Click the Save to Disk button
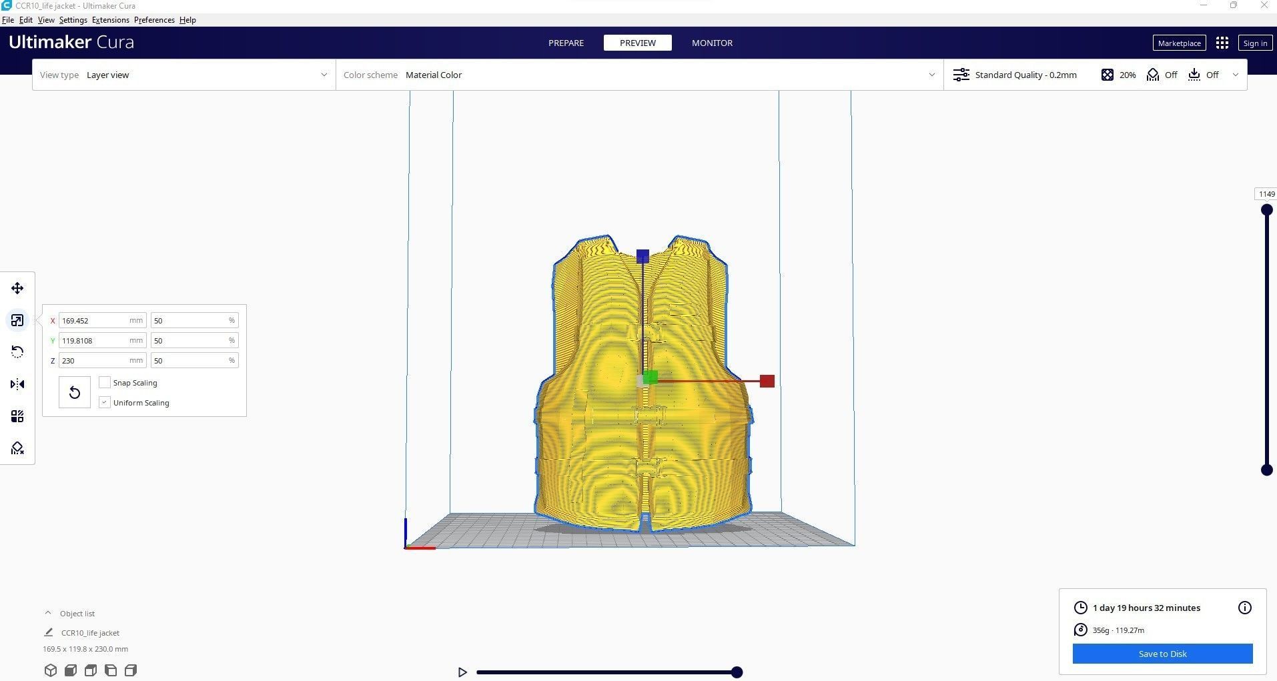click(1162, 654)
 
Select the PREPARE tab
click(566, 43)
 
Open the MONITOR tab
click(712, 43)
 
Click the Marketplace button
click(1179, 43)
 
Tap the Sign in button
click(1254, 43)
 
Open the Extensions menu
click(111, 20)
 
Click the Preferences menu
click(154, 20)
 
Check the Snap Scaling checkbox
click(105, 382)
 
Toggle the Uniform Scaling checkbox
click(105, 402)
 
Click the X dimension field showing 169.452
click(93, 321)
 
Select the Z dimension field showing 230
click(93, 361)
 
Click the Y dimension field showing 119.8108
click(93, 341)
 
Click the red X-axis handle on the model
click(767, 381)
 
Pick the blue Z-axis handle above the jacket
click(643, 256)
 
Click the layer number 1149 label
click(1266, 194)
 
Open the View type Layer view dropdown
click(183, 75)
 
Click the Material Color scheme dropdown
click(639, 75)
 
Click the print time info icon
click(1244, 608)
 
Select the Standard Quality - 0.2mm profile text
click(1025, 75)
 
